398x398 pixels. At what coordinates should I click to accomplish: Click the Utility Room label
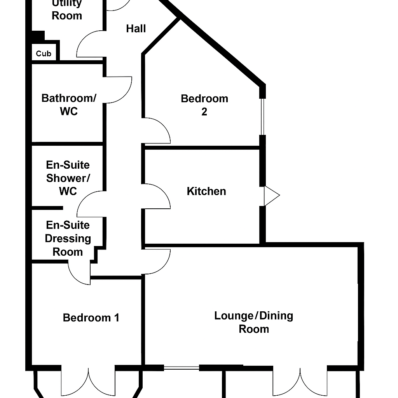[67, 10]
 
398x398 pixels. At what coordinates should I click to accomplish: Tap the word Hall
[136, 28]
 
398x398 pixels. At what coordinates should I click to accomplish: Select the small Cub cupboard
[44, 54]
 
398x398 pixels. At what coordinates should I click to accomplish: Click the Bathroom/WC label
[68, 105]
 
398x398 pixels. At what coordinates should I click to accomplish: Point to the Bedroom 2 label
[204, 105]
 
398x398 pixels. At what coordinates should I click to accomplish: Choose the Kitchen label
[206, 191]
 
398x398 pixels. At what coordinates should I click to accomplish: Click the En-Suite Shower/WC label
[68, 178]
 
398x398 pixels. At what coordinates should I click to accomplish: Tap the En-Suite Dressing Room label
[68, 238]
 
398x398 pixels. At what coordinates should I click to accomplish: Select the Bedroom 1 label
[91, 318]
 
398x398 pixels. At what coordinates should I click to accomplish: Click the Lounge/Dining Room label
[253, 322]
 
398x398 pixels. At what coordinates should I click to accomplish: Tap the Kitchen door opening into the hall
[158, 196]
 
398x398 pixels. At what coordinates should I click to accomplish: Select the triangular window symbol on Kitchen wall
[271, 196]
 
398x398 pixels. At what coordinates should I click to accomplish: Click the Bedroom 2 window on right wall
[263, 116]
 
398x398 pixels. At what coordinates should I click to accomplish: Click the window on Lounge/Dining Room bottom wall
[181, 367]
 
